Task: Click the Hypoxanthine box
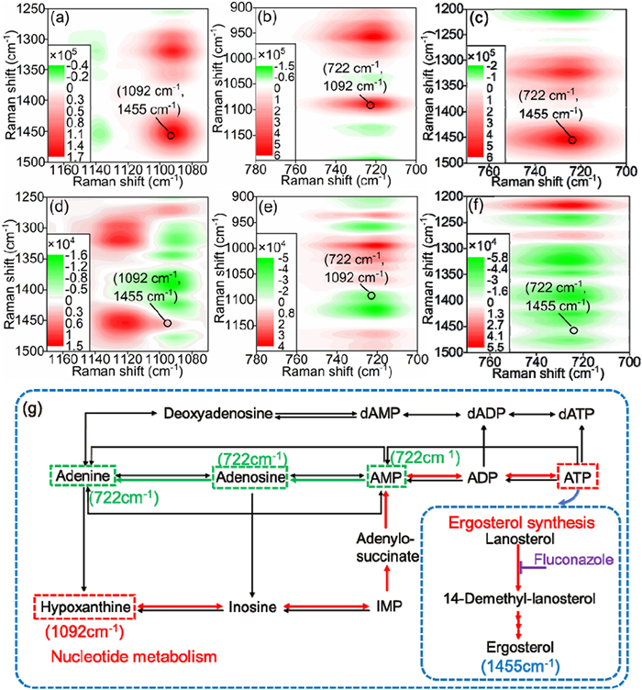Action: [x=84, y=607]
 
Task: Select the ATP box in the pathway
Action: [x=578, y=477]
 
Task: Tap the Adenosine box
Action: [x=250, y=478]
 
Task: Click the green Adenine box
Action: [x=83, y=478]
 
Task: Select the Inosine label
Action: [x=250, y=607]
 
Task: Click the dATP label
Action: [x=579, y=415]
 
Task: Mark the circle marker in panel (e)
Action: [x=371, y=295]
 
